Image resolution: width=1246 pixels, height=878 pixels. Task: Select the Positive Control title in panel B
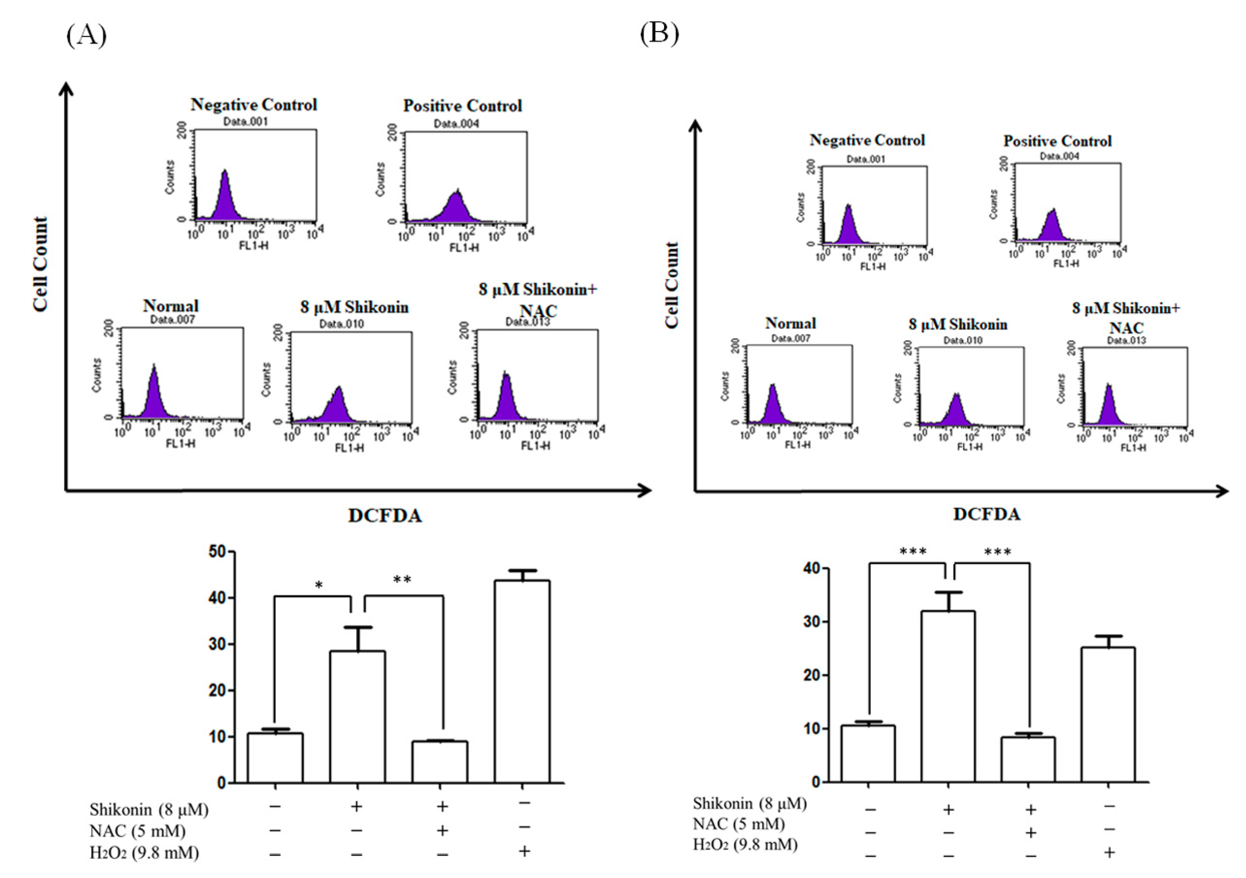[1057, 141]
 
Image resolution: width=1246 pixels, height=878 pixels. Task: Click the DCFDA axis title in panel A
[385, 515]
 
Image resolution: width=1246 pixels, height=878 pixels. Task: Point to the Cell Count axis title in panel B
[672, 285]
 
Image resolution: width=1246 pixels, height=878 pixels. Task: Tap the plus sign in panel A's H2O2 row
[524, 851]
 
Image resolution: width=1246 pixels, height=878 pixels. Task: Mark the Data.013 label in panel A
[527, 322]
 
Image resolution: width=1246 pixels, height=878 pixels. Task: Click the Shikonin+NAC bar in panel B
[1028, 759]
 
